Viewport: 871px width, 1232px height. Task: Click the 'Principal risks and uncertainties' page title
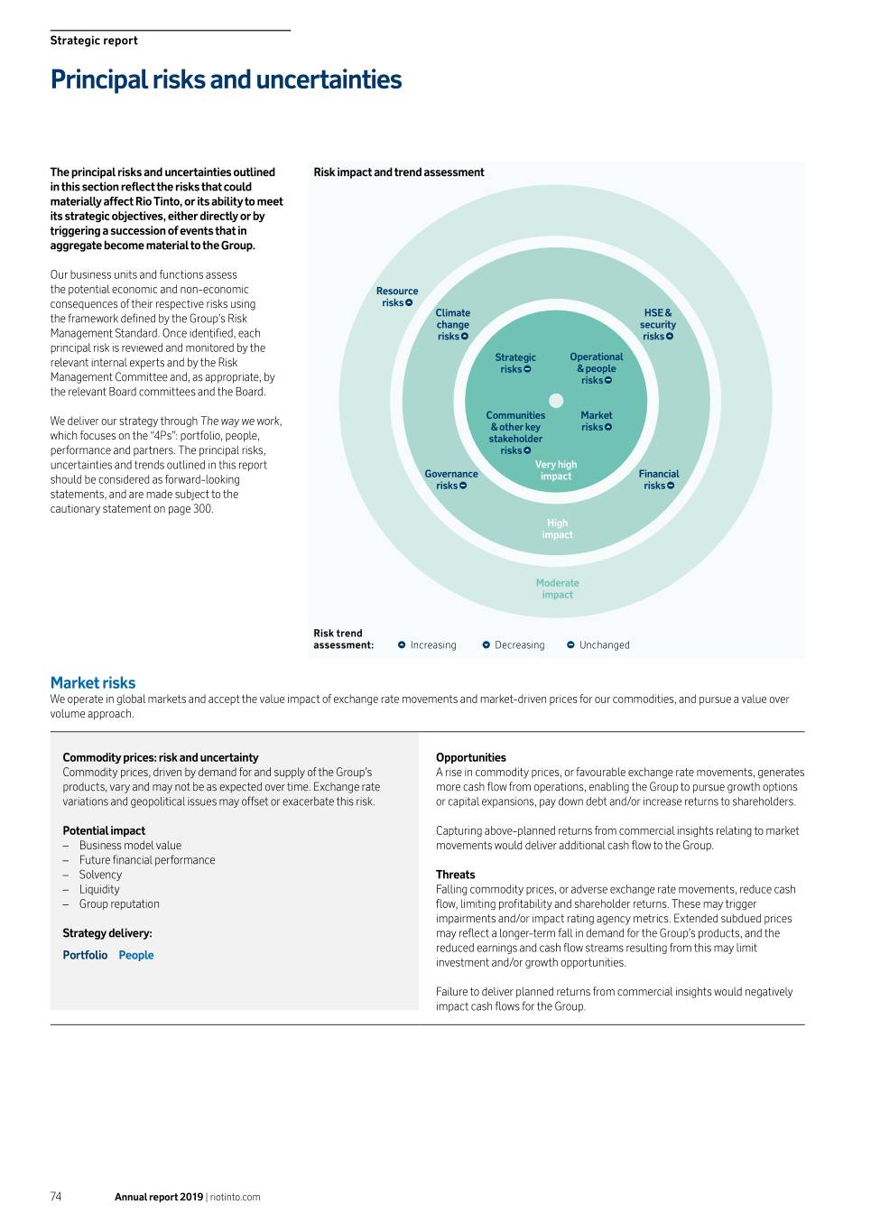226,79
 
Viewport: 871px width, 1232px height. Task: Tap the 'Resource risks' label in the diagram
397,297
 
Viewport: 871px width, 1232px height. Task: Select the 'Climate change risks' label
452,325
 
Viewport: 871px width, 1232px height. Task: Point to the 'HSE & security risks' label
658,325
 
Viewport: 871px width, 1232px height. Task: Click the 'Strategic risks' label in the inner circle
515,363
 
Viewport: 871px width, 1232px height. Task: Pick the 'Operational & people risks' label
597,368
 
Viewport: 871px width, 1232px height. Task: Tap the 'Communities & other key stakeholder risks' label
515,433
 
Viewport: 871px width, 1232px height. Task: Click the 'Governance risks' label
451,479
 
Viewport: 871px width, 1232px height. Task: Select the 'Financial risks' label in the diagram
659,479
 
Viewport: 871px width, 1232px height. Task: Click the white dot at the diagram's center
556,401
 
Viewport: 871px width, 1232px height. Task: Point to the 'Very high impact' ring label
556,470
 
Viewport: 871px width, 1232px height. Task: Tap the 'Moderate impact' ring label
558,588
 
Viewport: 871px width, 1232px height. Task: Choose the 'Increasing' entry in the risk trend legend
427,645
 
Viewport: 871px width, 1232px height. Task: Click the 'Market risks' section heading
93,683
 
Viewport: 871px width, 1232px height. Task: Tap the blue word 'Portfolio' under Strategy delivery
85,955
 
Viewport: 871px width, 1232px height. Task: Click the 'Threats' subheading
456,875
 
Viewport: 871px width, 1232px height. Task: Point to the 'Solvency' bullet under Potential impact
100,875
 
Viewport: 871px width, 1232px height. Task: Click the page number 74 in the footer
56,1197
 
